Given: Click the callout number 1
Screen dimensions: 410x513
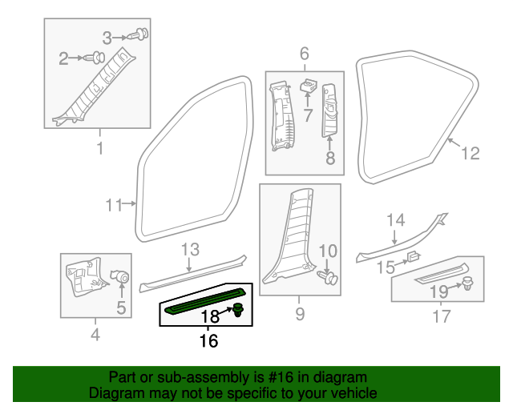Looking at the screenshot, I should point(100,148).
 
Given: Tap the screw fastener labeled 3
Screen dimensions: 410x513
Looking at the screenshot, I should point(143,34).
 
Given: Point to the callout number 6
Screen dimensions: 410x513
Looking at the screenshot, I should point(305,54).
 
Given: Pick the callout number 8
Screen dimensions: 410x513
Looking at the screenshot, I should point(330,159).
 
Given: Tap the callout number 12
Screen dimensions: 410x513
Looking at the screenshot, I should point(471,153).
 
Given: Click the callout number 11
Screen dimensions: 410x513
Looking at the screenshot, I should point(114,205).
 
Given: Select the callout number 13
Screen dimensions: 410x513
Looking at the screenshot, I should point(189,249).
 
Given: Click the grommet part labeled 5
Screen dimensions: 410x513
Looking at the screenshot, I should point(123,276).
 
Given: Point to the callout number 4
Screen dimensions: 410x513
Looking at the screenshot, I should point(95,335).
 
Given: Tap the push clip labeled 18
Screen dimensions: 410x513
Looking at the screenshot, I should point(239,311).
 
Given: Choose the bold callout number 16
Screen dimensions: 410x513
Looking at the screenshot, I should point(208,341).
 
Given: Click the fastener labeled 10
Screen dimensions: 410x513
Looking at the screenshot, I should point(329,278).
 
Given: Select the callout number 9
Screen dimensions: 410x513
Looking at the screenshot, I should point(300,315).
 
